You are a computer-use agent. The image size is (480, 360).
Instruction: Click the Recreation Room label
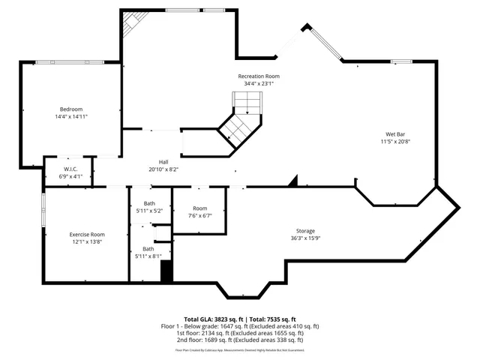[x=259, y=76]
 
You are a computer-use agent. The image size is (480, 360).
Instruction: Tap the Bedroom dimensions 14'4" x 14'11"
[x=71, y=117]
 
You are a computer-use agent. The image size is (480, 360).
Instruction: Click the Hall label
[x=163, y=162]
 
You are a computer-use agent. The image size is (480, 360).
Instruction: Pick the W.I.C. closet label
[x=71, y=169]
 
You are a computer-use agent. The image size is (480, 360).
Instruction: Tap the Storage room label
[x=304, y=231]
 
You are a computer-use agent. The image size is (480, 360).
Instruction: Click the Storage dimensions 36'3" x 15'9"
[x=304, y=239]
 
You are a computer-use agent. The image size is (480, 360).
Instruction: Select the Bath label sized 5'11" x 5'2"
[x=148, y=204]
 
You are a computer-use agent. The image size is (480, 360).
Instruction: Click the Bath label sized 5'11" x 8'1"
[x=148, y=249]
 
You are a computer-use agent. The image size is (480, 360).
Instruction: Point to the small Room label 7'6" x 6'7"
[x=199, y=208]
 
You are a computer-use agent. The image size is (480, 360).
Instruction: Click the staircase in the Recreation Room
[x=241, y=120]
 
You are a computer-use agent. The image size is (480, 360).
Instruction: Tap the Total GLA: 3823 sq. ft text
[x=210, y=319]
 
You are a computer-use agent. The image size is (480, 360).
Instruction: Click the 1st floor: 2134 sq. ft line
[x=240, y=333]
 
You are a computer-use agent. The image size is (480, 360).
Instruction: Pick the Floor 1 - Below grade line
[x=240, y=326]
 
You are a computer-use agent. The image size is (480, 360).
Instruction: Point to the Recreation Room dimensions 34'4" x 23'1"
[x=259, y=84]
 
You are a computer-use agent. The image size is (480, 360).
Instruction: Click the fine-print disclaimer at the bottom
[x=240, y=350]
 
